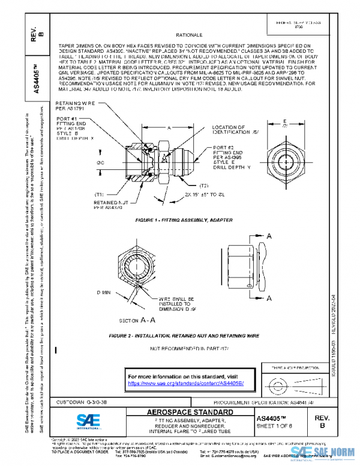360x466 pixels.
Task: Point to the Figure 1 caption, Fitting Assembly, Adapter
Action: [184, 220]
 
